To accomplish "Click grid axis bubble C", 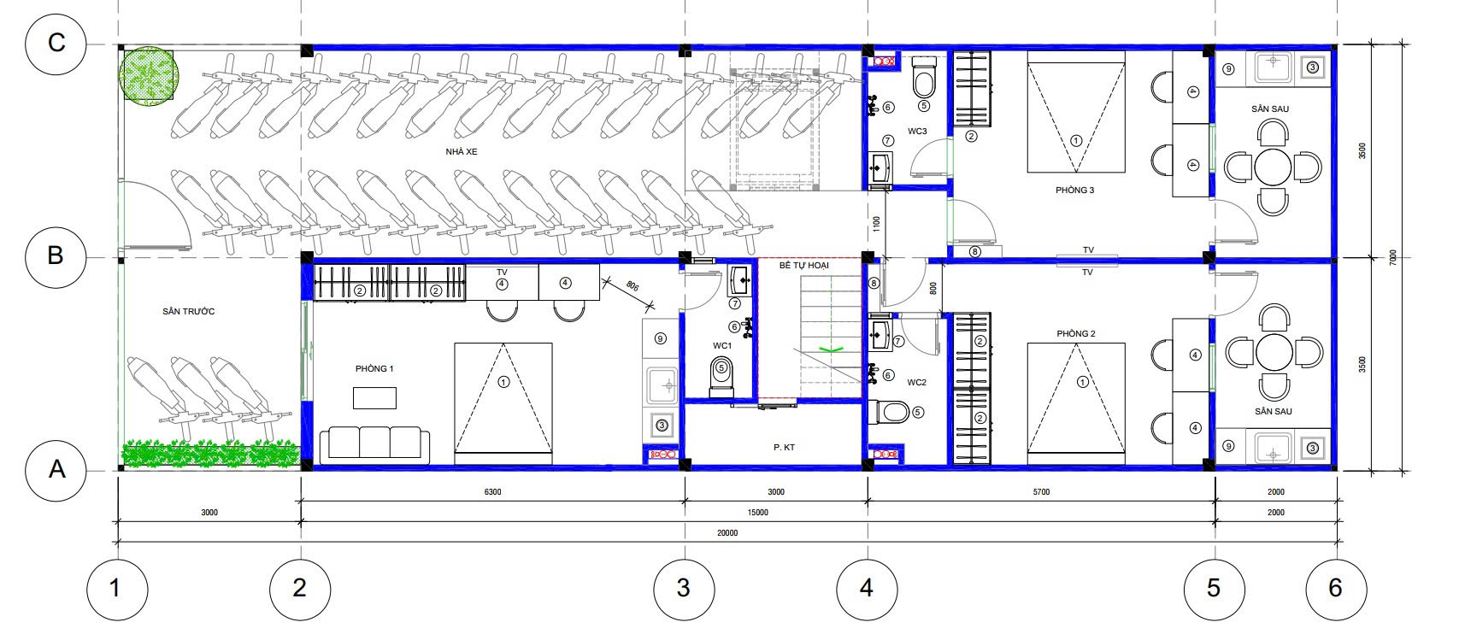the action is [56, 44].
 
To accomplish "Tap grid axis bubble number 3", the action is [684, 589].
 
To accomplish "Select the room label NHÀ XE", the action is [461, 151].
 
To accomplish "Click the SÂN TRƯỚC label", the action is [188, 312].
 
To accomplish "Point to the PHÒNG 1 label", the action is [374, 368].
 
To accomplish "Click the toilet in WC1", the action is [721, 375].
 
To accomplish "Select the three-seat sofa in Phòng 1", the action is [374, 443].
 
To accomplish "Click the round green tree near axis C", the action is [149, 75].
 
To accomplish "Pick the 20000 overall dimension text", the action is [727, 532].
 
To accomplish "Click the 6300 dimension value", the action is [492, 491].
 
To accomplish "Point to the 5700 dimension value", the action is [1041, 491].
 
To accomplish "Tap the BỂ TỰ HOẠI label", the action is [803, 266].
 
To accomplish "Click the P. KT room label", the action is [784, 447].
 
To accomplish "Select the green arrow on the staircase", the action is [831, 349].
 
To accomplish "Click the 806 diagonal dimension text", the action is [632, 286].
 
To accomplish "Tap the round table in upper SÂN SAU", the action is [1273, 167].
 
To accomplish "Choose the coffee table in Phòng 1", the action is [374, 398].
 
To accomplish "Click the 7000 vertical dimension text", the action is [1393, 257].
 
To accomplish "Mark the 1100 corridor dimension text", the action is [876, 224].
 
